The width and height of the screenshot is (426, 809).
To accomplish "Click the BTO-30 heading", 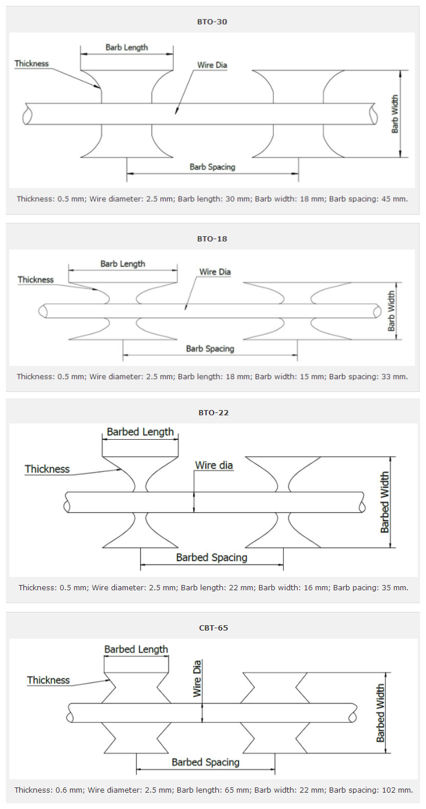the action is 212,22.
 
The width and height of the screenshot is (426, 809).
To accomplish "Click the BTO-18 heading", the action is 212,239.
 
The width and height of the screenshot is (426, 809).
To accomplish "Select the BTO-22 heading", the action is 214,412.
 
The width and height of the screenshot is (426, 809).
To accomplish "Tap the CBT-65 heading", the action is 214,628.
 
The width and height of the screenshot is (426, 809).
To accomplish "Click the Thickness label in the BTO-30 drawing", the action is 32,64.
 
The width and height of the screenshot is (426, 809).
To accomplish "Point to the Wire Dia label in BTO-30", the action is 212,65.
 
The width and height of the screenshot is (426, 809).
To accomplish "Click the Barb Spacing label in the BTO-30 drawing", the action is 212,167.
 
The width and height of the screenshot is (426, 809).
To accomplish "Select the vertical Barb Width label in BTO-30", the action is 395,114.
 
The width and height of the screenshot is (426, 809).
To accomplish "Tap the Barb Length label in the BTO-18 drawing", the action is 123,264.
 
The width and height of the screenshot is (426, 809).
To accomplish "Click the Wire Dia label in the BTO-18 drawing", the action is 215,272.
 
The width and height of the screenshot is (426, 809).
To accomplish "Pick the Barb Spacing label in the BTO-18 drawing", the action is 210,349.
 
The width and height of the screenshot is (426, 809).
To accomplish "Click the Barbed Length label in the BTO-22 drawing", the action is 140,432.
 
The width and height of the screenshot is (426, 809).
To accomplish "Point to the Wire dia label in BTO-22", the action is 214,465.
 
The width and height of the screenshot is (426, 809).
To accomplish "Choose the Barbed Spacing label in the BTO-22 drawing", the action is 212,557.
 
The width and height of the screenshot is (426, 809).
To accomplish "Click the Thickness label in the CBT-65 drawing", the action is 48,680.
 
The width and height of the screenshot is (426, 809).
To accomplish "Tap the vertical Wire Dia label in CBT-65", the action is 197,678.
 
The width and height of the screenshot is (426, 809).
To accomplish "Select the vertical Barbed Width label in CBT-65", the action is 380,713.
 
